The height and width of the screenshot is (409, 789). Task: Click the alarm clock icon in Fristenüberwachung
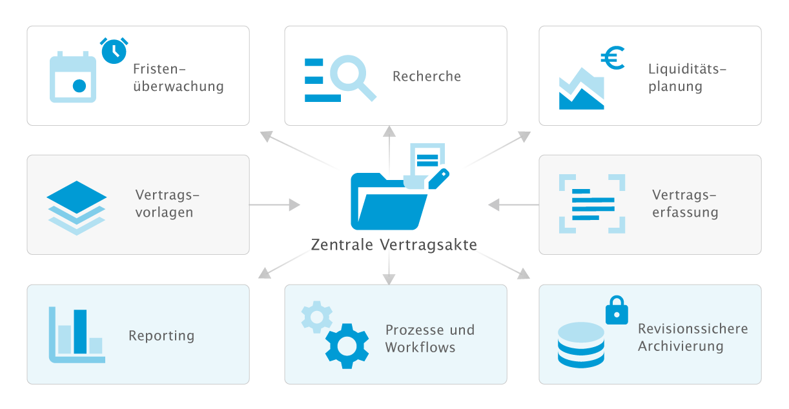(x=114, y=50)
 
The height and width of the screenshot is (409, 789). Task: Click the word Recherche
(x=427, y=76)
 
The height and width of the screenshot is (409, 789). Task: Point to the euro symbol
(x=612, y=59)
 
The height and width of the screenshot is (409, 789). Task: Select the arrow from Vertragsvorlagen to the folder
(x=275, y=205)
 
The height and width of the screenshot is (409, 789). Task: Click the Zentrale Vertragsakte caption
(x=394, y=244)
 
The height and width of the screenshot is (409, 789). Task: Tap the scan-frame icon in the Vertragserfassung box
(x=592, y=203)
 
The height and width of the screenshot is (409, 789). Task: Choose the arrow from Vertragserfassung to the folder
(x=513, y=205)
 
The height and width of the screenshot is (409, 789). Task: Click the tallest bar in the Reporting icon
(x=80, y=332)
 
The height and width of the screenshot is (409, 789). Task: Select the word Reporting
(x=161, y=335)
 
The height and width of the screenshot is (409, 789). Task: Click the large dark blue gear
(x=347, y=345)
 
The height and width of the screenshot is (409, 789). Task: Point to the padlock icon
(x=616, y=311)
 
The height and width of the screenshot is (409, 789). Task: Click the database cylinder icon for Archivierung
(x=580, y=344)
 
